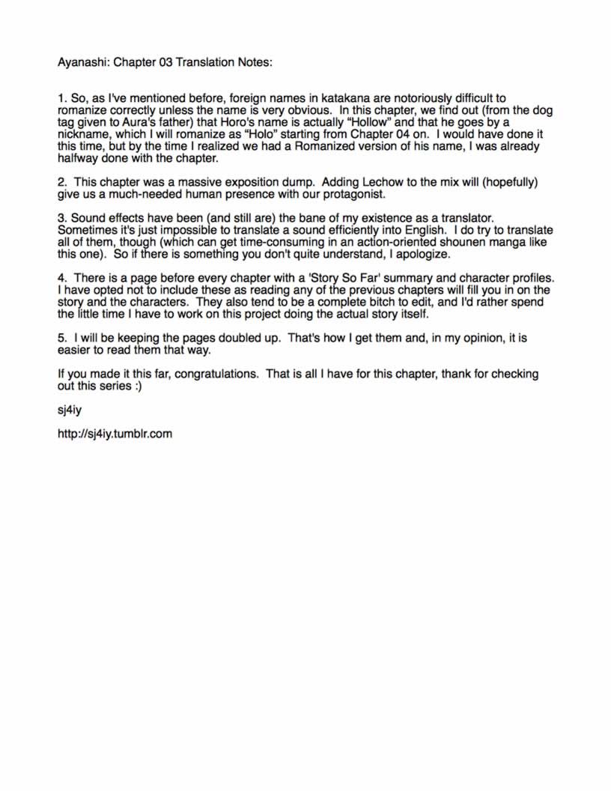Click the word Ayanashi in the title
point(84,62)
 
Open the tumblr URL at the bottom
point(115,433)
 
